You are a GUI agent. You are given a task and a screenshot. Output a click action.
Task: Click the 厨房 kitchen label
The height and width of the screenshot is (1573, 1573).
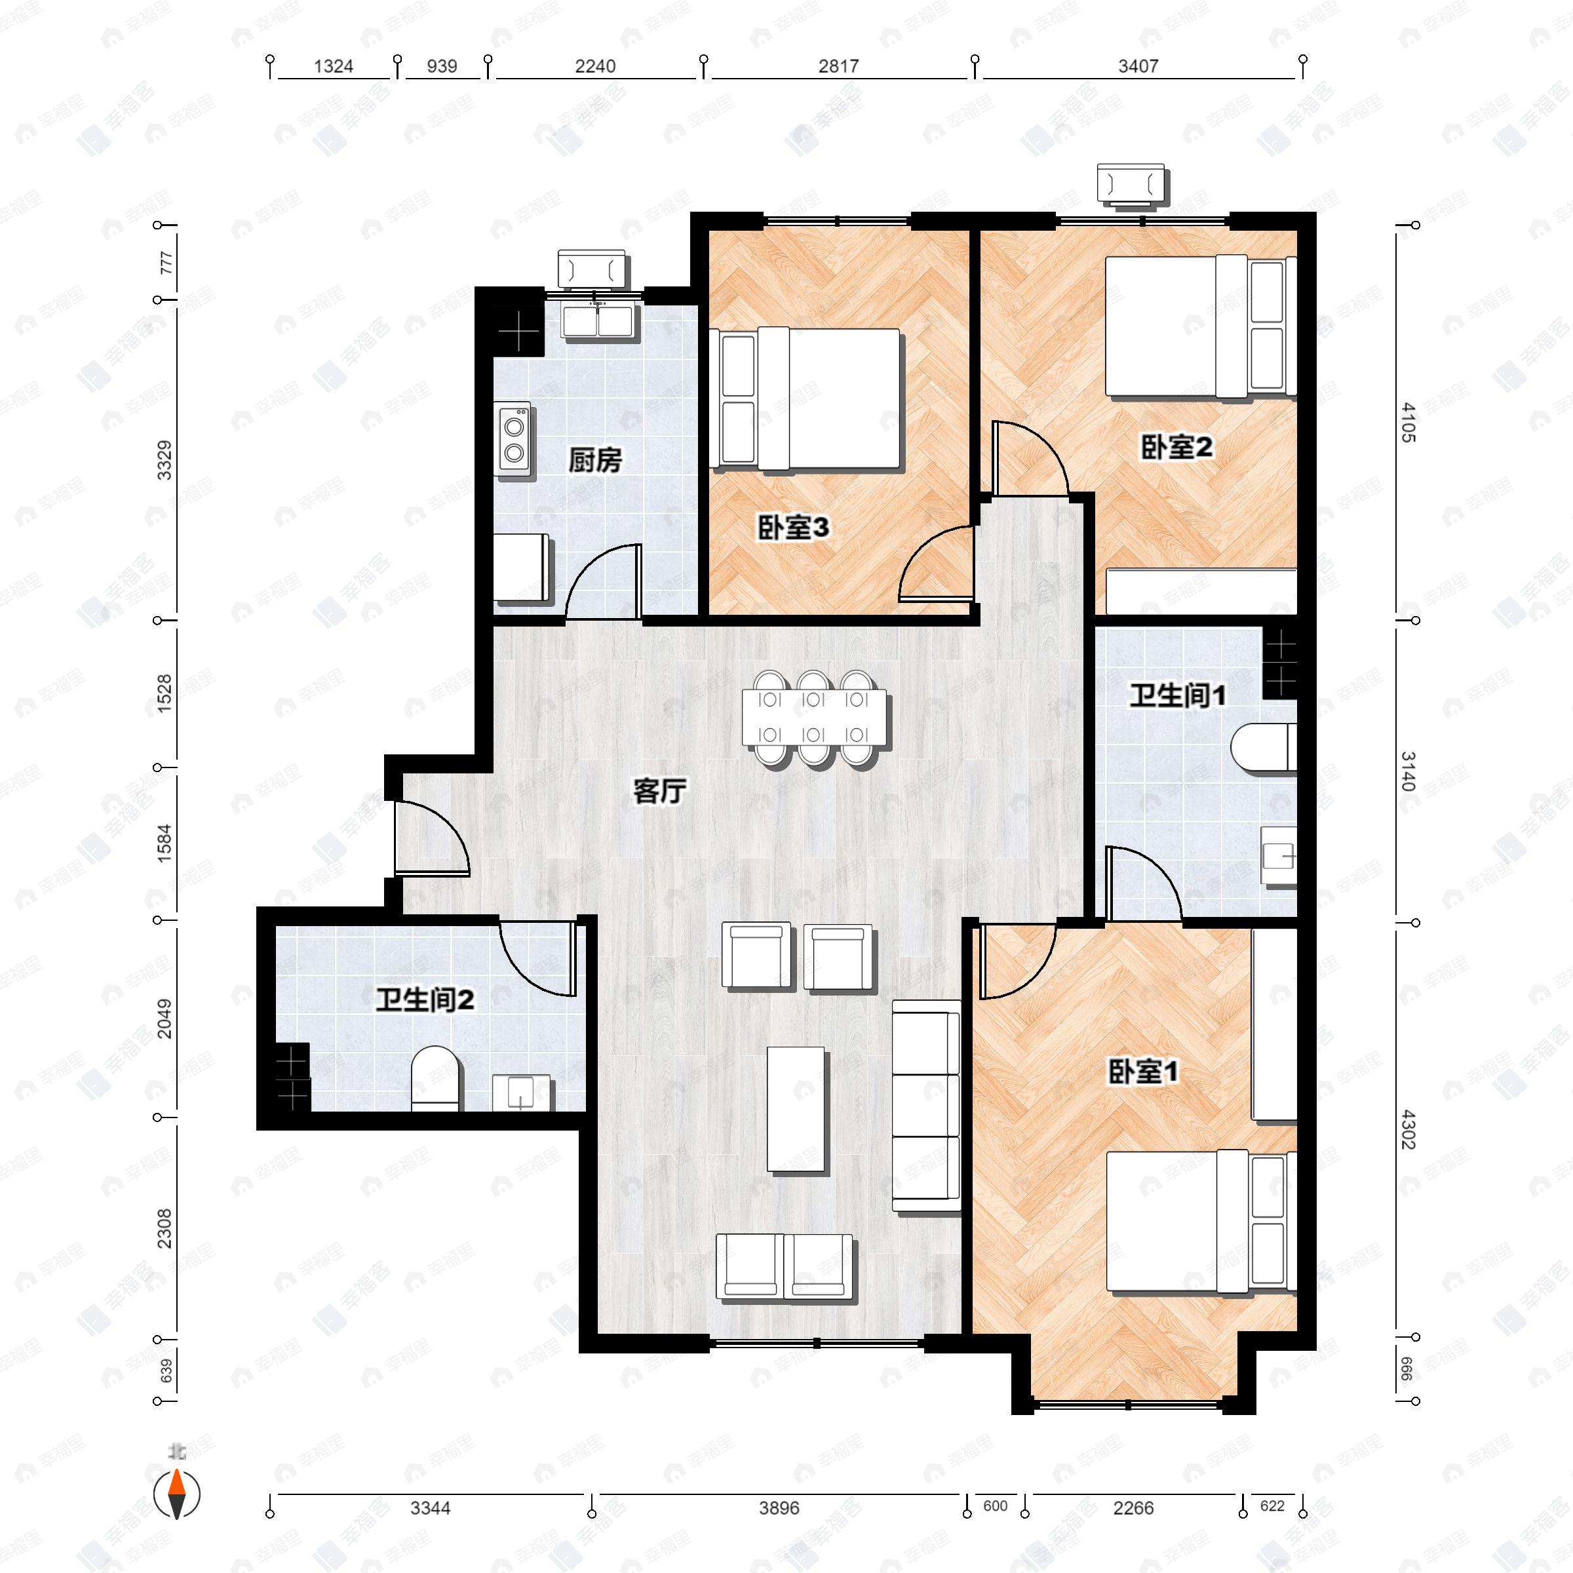point(594,461)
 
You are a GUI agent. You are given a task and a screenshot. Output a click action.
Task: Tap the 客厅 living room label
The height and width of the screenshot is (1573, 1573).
point(659,790)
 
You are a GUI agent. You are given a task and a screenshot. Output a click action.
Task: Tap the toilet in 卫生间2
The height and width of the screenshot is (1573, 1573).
point(436,1079)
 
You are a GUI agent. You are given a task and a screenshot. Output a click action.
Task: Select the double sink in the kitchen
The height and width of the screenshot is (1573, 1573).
point(598,320)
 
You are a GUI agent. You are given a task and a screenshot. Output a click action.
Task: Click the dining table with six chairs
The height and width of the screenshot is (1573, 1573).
point(814,717)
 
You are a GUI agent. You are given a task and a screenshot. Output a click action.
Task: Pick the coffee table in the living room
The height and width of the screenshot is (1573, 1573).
point(796,1109)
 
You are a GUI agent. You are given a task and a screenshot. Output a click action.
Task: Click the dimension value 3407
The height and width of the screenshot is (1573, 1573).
point(1137,67)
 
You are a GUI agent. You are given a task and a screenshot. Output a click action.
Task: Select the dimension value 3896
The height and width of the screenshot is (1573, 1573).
point(779,1508)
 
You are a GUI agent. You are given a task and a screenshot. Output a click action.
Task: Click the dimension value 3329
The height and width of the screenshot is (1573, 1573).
point(165,460)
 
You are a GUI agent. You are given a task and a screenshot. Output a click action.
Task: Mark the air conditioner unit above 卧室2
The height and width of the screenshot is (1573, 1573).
point(1131,184)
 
